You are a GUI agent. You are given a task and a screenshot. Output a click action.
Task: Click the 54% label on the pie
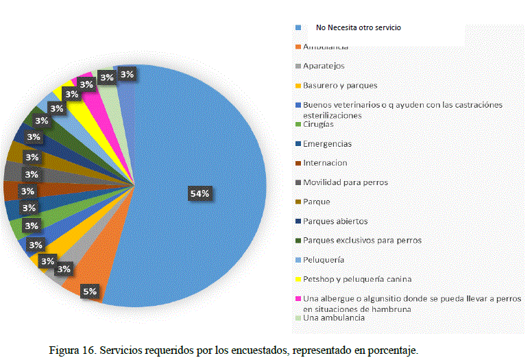click(x=199, y=194)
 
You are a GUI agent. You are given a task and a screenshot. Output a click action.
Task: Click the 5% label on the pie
click(x=90, y=291)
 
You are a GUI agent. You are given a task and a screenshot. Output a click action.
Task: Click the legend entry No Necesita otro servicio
click(x=358, y=27)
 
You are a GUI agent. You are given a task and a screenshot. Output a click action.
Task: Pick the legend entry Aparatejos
click(x=324, y=66)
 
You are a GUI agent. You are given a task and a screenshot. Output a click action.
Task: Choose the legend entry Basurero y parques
click(x=340, y=85)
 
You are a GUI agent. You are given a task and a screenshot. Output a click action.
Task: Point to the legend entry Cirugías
click(x=318, y=124)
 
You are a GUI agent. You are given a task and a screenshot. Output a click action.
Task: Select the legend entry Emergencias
click(x=327, y=144)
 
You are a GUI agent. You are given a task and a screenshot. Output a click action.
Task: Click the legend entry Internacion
click(x=325, y=163)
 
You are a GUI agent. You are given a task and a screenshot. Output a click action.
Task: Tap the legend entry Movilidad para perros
click(x=345, y=182)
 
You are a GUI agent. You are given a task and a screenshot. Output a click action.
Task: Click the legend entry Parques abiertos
click(x=335, y=221)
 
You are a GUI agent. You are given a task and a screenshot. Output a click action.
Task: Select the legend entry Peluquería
click(x=324, y=260)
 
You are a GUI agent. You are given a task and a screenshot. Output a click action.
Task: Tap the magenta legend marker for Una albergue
click(x=298, y=299)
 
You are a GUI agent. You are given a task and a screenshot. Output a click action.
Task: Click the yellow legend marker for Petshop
click(x=298, y=279)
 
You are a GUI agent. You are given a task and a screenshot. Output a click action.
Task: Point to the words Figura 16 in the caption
click(x=72, y=350)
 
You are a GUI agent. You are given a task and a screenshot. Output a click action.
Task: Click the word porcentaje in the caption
click(x=391, y=350)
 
